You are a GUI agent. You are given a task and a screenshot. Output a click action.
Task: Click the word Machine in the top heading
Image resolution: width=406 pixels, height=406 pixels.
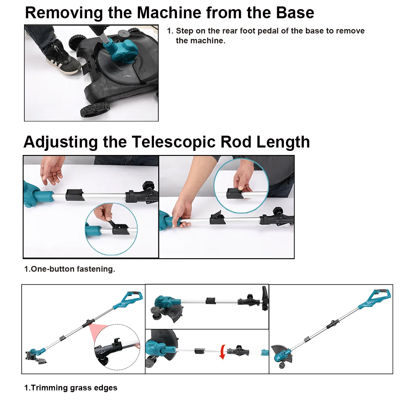click(x=169, y=13)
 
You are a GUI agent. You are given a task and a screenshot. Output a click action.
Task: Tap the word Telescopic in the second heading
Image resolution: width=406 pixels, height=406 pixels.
click(x=174, y=142)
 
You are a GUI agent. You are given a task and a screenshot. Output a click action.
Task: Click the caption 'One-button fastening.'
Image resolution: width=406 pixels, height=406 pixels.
click(x=70, y=269)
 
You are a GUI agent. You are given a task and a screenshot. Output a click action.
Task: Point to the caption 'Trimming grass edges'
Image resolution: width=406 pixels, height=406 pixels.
click(x=71, y=388)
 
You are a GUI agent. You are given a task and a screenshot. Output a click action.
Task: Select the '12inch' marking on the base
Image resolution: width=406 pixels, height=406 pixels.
click(x=132, y=72)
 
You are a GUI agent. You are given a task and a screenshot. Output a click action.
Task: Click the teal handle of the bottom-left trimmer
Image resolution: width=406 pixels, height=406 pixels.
click(x=129, y=299)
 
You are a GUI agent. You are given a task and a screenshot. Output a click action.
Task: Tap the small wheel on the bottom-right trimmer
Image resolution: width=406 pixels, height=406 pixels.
click(x=282, y=365)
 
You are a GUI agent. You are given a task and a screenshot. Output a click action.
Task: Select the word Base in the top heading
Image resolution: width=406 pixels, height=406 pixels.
click(x=295, y=13)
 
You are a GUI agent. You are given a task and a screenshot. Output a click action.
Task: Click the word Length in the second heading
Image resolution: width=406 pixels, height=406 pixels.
click(x=283, y=142)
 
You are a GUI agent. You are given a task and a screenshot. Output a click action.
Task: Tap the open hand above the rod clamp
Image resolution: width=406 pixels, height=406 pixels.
click(x=52, y=170)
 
